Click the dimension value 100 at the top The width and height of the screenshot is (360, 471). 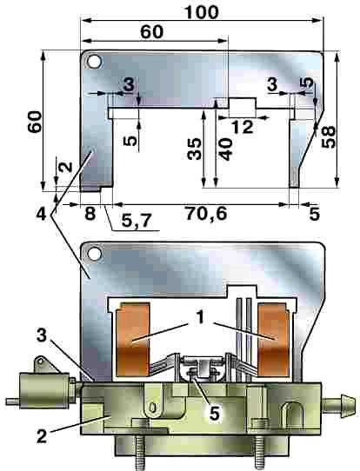pos(202,12)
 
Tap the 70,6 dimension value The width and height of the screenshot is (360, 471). pos(206,214)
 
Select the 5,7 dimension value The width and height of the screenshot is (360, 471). pos(136,221)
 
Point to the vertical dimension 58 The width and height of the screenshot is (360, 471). pos(328,137)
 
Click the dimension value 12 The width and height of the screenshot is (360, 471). pos(243,128)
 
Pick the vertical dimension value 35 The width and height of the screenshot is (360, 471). pos(194,149)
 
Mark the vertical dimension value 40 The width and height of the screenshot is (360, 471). pos(226,149)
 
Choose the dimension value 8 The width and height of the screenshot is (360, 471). pos(90,214)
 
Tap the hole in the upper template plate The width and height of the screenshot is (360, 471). pos(94,62)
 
